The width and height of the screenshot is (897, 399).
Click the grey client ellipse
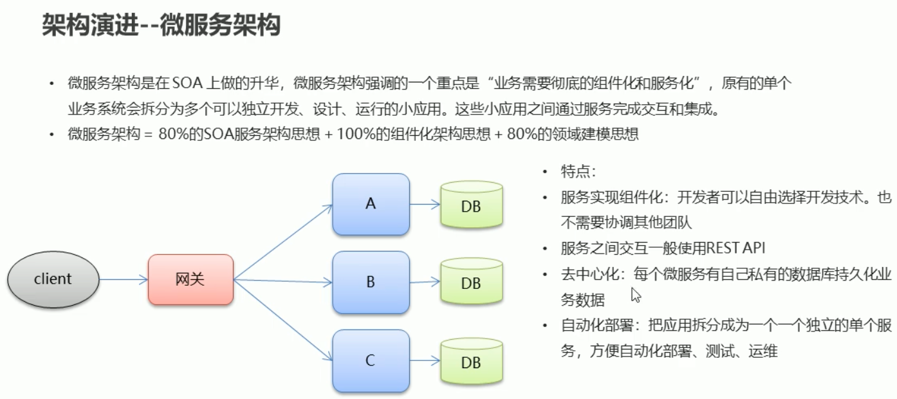coord(53,279)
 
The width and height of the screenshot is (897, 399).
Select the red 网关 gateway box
coord(190,279)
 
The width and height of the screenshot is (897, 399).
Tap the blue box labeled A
coord(371,204)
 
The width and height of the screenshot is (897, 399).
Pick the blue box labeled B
coord(371,282)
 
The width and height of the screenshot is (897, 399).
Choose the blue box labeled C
coord(371,360)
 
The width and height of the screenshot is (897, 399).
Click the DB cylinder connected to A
coord(471,205)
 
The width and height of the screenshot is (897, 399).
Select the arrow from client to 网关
coord(124,279)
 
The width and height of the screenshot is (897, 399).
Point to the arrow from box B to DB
coord(425,281)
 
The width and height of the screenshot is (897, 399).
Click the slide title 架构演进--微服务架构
coord(161,26)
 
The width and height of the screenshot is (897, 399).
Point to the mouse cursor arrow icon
coord(636,295)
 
